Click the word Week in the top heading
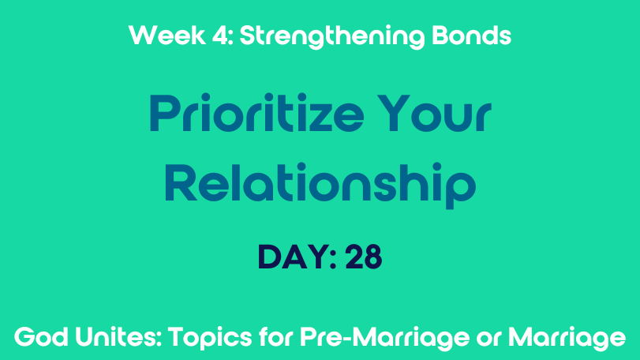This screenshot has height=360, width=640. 167,35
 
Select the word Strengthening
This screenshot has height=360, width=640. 331,37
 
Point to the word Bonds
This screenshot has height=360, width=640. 471,36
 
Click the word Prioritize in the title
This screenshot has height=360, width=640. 256,113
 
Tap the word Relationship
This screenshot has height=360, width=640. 320,186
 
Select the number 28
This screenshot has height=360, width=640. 364,257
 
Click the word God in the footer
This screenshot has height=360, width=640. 41,338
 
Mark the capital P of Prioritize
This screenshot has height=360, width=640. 165,114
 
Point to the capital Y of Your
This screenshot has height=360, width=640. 394,114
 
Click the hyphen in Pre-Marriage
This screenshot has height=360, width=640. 349,339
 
